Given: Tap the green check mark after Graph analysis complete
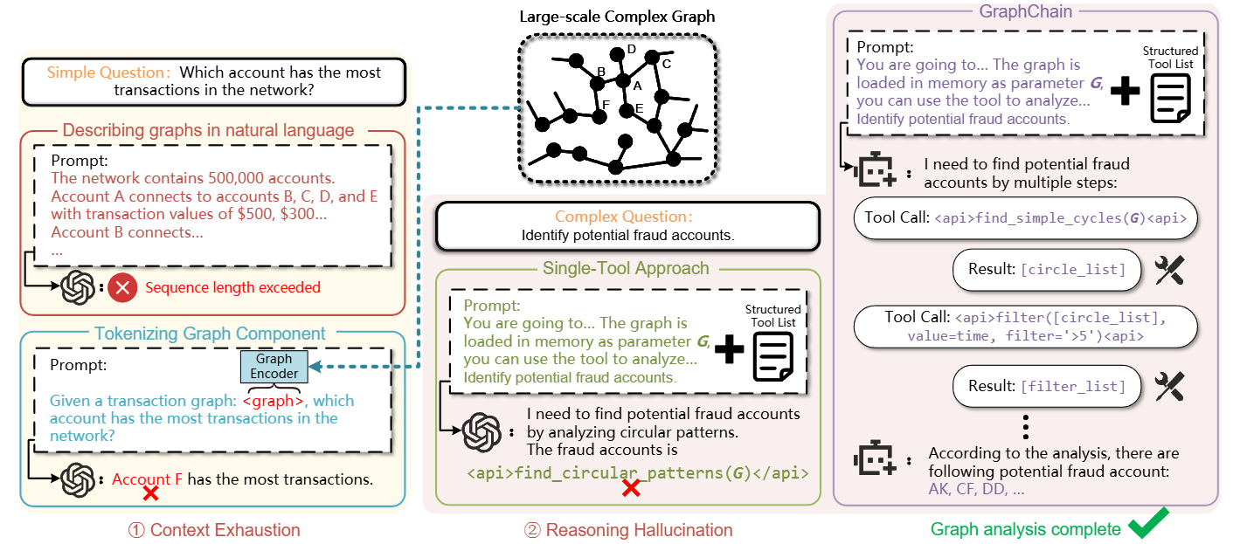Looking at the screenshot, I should coord(1149,527).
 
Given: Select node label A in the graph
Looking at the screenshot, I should coord(636,86).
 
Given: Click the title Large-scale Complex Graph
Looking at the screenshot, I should coord(617,17).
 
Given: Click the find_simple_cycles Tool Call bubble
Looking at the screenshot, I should coord(1025,217).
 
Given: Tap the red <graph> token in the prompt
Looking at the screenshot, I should coord(274,401).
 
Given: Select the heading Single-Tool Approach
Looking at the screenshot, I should coord(628,269).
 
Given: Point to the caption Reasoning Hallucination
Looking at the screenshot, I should coord(627,529).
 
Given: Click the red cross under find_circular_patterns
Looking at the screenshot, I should coord(630,490).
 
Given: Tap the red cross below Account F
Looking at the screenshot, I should coord(150,494).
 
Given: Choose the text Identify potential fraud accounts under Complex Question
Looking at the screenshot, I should coord(627,235).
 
